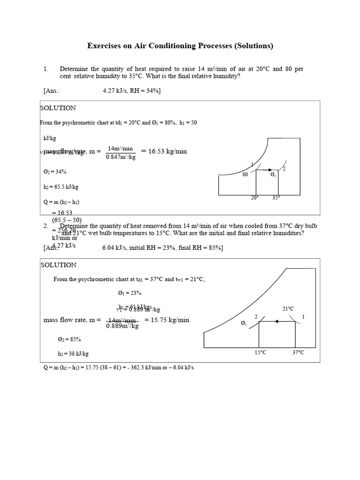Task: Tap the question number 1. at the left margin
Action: (46, 69)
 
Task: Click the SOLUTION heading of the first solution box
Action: (58, 108)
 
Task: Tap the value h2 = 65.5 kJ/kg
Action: (60, 187)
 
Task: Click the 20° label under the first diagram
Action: (255, 198)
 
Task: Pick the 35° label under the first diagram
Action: (277, 198)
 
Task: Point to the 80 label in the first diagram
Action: (245, 174)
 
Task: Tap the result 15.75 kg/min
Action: (167, 320)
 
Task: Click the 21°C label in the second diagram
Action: (288, 308)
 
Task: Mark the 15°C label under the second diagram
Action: (260, 352)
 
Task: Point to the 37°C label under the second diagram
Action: (298, 352)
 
